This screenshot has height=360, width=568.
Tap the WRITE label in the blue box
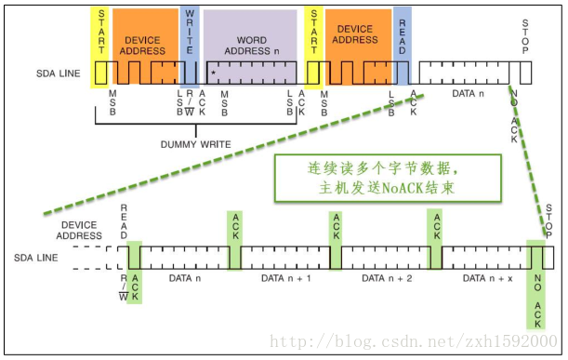coord(190,32)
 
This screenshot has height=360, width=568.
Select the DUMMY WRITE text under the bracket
coord(195,144)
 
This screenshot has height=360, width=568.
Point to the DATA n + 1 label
coord(285,278)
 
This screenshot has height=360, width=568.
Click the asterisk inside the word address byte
coord(213,72)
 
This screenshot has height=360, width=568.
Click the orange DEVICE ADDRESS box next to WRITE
coord(143,45)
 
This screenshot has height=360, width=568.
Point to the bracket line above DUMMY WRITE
coord(195,129)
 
